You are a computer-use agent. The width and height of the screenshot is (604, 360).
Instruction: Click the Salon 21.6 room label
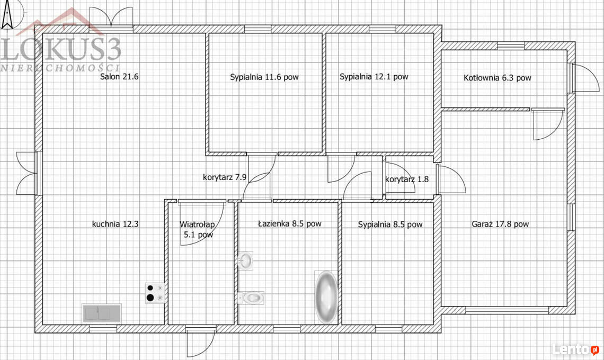click(119, 77)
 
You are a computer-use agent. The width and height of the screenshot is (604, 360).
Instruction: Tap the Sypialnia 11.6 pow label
click(264, 77)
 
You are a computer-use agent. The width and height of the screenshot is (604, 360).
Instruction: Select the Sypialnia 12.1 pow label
click(374, 77)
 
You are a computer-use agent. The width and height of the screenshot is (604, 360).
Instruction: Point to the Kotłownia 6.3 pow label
click(498, 78)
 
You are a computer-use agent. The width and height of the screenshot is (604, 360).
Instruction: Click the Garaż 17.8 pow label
click(500, 224)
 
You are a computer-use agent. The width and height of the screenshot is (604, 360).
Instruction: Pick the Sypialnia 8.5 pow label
click(390, 224)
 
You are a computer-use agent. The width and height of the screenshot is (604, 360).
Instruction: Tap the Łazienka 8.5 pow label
click(290, 223)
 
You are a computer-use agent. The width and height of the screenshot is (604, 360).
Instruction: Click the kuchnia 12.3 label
click(115, 224)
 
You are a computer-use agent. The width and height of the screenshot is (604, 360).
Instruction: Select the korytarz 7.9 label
click(225, 177)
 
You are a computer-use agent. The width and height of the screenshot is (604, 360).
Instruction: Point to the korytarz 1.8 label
click(407, 179)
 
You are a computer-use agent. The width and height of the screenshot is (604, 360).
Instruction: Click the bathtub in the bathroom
click(326, 297)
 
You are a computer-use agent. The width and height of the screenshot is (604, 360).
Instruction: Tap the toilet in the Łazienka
click(251, 298)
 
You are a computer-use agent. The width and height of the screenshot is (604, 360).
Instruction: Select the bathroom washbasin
click(245, 260)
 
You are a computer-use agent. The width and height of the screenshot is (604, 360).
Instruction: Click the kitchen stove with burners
click(155, 293)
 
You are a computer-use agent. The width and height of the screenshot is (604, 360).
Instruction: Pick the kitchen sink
click(102, 313)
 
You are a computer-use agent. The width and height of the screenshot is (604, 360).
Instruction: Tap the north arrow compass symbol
click(7, 15)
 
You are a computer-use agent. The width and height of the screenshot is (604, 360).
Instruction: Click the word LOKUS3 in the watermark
click(61, 49)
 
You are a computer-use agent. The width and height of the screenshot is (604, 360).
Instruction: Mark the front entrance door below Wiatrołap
click(200, 342)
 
